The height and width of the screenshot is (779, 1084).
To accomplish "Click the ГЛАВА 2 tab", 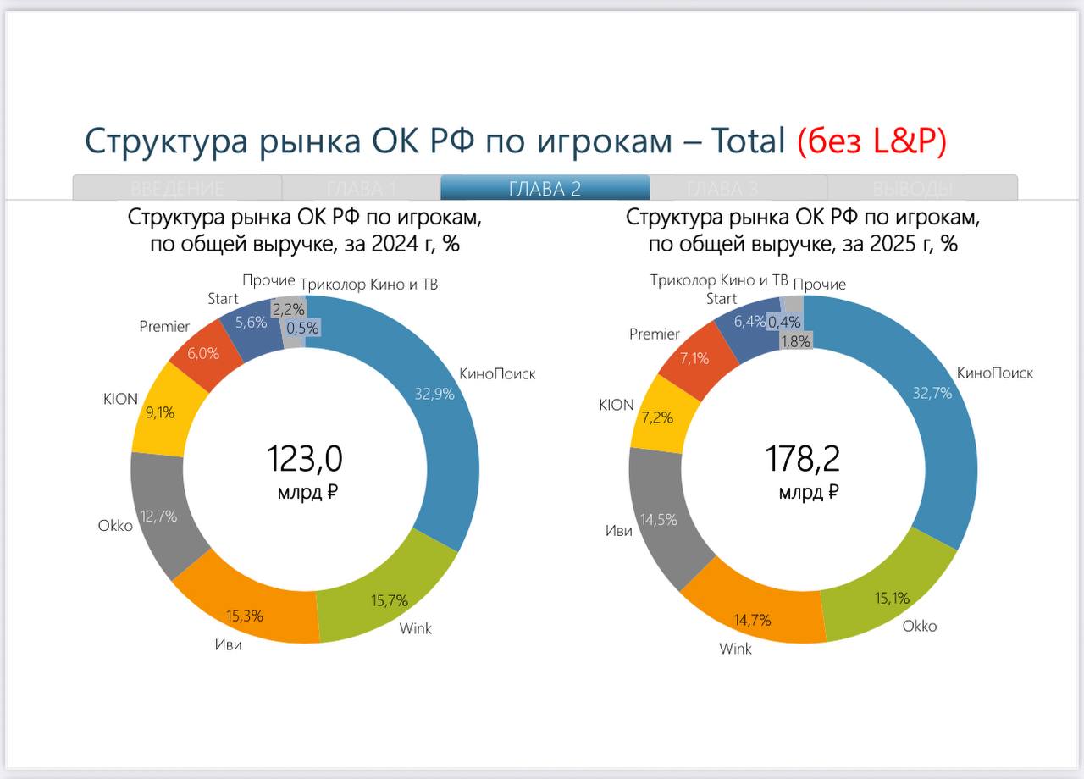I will pyautogui.click(x=545, y=188).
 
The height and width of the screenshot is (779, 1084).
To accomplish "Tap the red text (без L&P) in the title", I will pyautogui.click(x=871, y=141).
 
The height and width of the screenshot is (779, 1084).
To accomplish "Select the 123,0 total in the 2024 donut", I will pyautogui.click(x=305, y=459).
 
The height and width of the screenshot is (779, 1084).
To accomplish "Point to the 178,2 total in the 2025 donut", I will pyautogui.click(x=803, y=459).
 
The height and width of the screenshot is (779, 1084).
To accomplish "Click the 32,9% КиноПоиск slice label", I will pyautogui.click(x=434, y=393).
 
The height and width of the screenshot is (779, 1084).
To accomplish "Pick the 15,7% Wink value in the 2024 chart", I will pyautogui.click(x=390, y=600).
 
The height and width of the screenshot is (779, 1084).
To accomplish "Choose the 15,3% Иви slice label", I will pyautogui.click(x=245, y=616).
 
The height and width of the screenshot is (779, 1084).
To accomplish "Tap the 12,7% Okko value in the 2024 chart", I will pyautogui.click(x=159, y=516).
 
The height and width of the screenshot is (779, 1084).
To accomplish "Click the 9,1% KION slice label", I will pyautogui.click(x=161, y=413).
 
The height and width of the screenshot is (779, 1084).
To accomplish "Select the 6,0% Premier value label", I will pyautogui.click(x=202, y=354).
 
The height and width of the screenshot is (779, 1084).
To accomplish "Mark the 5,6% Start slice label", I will pyautogui.click(x=252, y=322).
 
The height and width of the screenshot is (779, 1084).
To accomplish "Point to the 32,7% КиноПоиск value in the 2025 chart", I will pyautogui.click(x=932, y=393).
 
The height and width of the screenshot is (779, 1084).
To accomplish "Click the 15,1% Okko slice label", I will pyautogui.click(x=891, y=598).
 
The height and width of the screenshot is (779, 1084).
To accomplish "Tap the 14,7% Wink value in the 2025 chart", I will pyautogui.click(x=753, y=620).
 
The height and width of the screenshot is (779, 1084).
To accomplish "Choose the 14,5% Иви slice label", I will pyautogui.click(x=659, y=520).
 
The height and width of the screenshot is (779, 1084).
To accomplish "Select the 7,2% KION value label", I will pyautogui.click(x=657, y=417).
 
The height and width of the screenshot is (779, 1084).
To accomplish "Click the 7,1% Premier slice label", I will pyautogui.click(x=694, y=358).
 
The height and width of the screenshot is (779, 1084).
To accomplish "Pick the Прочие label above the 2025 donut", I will pyautogui.click(x=820, y=285).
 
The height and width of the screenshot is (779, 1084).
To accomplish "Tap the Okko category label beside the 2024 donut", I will pyautogui.click(x=115, y=525).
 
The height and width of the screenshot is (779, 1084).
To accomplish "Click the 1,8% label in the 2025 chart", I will pyautogui.click(x=796, y=341).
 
